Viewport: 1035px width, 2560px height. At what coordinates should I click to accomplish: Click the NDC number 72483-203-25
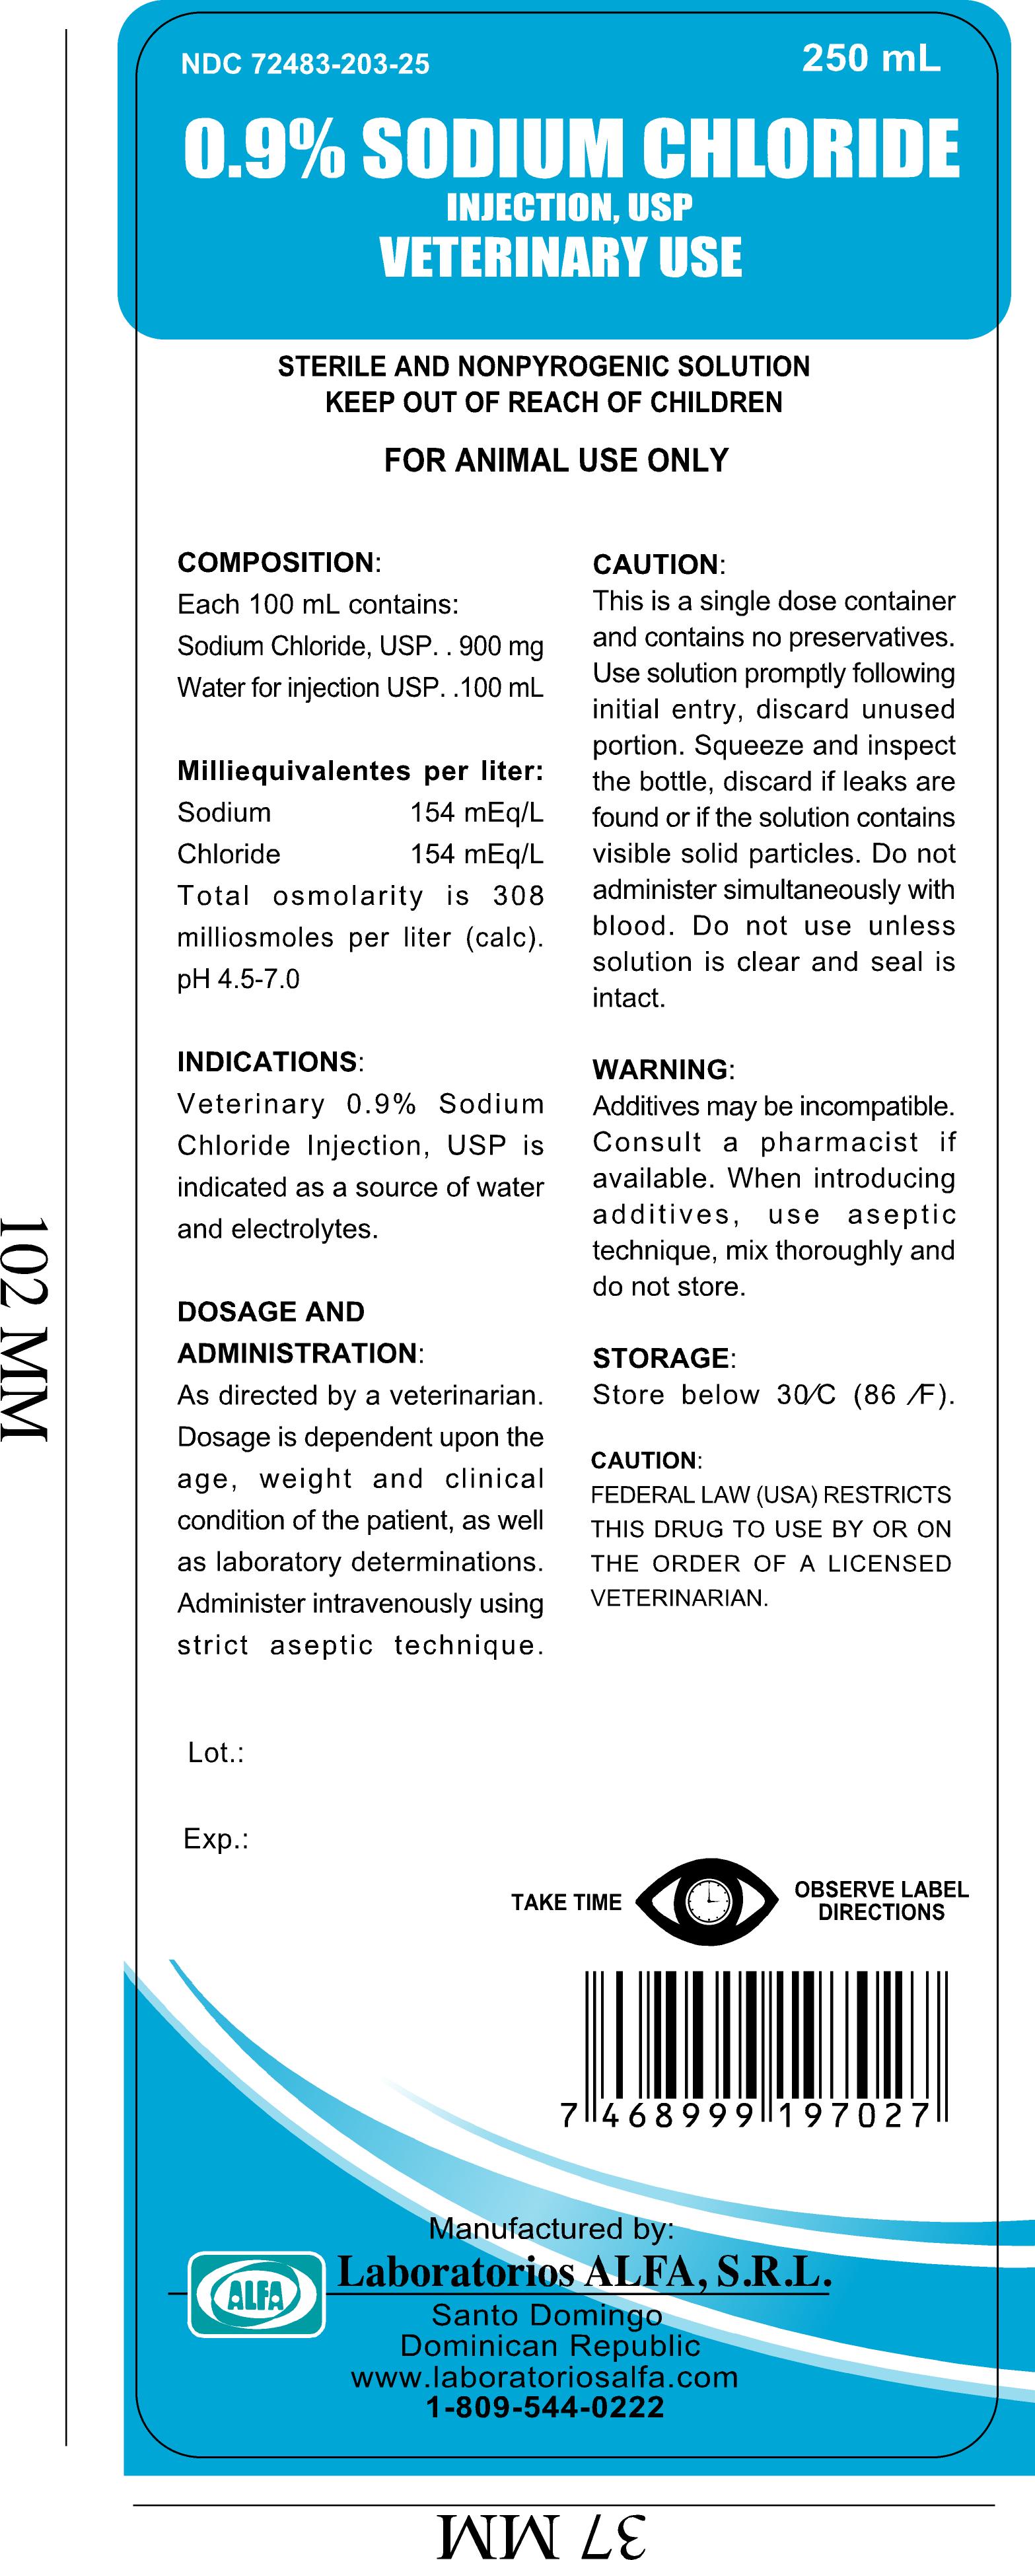pyautogui.click(x=304, y=65)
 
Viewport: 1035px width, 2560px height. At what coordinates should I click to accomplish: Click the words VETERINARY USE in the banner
pyautogui.click(x=561, y=256)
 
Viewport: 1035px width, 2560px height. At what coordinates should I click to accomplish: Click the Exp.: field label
pyautogui.click(x=215, y=1839)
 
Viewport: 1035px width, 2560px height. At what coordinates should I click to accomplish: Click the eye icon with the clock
pyautogui.click(x=707, y=1901)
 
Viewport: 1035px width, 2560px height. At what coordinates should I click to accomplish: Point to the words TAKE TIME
pyautogui.click(x=566, y=1902)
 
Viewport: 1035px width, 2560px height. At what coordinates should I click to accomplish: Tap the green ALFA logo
pyautogui.click(x=256, y=2293)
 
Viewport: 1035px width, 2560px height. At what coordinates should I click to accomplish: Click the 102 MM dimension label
pyautogui.click(x=25, y=1329)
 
